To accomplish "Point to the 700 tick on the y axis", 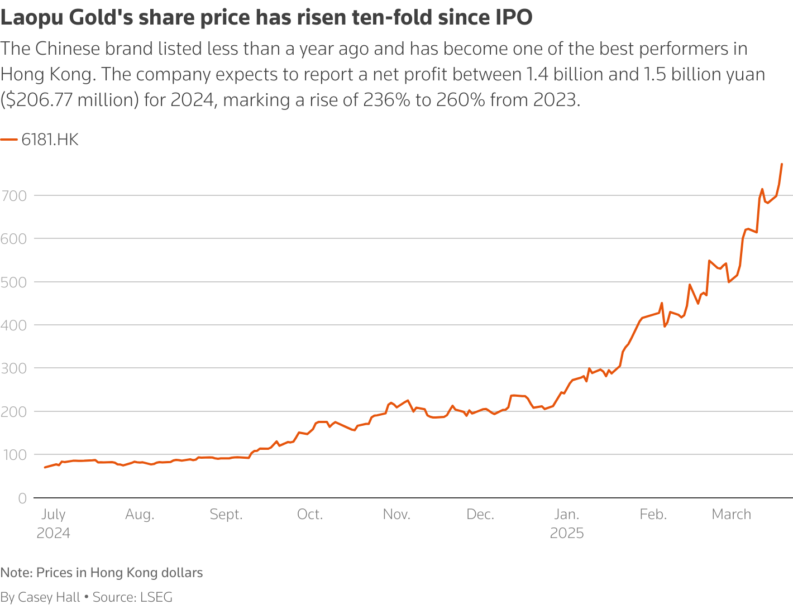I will (14, 195).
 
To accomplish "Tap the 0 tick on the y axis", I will (22, 498).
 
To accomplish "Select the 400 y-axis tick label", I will (14, 325).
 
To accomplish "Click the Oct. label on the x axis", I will (310, 515).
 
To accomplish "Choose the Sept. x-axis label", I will (226, 515).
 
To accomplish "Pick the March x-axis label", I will (731, 515).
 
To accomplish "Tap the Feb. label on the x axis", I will (653, 515).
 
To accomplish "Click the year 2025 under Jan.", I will (567, 534).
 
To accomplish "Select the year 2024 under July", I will (54, 534).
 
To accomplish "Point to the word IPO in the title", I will (514, 18).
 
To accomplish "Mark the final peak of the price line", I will (782, 164).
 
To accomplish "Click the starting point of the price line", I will (45, 467).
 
